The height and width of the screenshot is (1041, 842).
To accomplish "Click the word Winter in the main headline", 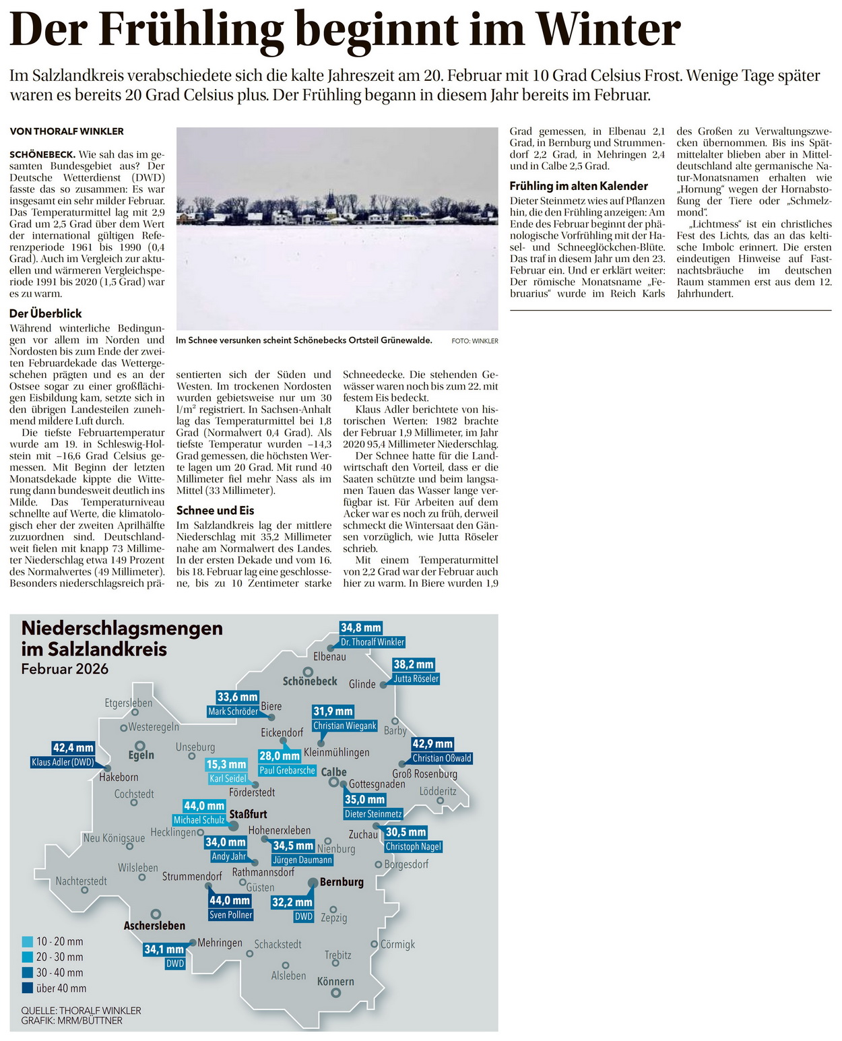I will pyautogui.click(x=608, y=30).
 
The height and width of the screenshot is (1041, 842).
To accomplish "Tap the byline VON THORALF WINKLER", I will pyautogui.click(x=67, y=131).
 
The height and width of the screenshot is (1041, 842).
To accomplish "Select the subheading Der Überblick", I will pyautogui.click(x=46, y=313).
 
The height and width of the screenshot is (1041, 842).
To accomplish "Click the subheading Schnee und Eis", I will pyautogui.click(x=216, y=510).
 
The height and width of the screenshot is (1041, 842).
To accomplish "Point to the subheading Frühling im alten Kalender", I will pyautogui.click(x=579, y=186).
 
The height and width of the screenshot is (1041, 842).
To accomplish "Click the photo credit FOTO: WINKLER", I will pyautogui.click(x=475, y=341).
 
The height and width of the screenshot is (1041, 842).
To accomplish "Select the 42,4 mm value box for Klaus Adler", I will pyautogui.click(x=73, y=748).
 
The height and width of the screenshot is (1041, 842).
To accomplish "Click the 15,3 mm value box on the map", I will pyautogui.click(x=226, y=764).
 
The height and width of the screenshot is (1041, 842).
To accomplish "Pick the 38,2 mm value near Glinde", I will pyautogui.click(x=414, y=664).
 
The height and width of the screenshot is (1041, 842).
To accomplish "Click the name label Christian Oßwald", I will pyautogui.click(x=442, y=758).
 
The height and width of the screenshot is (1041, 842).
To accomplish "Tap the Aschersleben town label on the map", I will pyautogui.click(x=154, y=926).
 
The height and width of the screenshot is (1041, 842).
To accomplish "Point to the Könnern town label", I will pyautogui.click(x=335, y=982).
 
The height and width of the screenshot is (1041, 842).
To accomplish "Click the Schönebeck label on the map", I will pyautogui.click(x=310, y=681).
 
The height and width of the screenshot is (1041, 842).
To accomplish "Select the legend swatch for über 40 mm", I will pyautogui.click(x=28, y=988).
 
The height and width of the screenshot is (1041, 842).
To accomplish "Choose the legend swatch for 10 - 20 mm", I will pyautogui.click(x=28, y=941).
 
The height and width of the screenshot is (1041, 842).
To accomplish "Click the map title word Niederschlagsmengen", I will pyautogui.click(x=122, y=628).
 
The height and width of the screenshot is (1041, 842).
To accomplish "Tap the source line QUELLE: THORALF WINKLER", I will pyautogui.click(x=81, y=1010).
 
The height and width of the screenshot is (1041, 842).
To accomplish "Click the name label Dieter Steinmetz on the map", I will pyautogui.click(x=373, y=814).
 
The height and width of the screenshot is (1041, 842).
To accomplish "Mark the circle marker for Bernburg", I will pyautogui.click(x=313, y=882).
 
